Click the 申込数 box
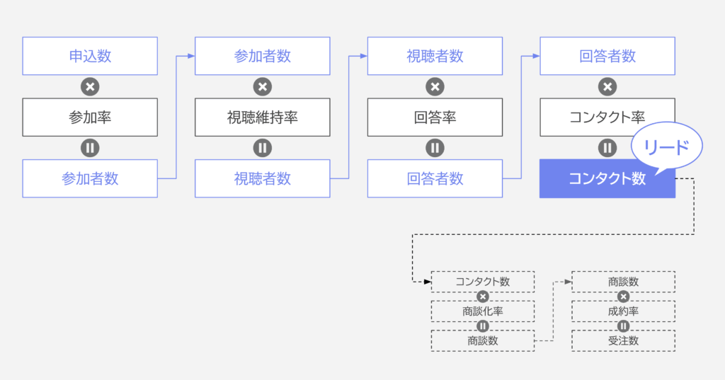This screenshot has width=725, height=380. [90, 56]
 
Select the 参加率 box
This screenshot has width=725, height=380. [90, 117]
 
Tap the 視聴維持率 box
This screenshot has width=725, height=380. [262, 117]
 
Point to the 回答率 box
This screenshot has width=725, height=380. [435, 117]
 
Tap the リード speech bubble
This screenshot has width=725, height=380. [666, 146]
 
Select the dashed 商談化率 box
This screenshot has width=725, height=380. [483, 311]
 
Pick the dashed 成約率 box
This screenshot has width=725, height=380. [623, 311]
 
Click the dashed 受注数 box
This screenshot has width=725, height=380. [623, 340]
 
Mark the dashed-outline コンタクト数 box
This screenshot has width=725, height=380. [483, 282]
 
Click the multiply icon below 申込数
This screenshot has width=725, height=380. [90, 86]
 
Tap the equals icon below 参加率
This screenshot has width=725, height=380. [90, 148]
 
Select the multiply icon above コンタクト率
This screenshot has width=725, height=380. [607, 86]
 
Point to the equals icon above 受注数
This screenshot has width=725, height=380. [623, 326]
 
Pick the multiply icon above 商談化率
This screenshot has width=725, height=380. [483, 296]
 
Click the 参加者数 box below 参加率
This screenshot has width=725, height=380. [90, 178]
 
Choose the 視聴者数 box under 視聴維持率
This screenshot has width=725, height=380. [262, 178]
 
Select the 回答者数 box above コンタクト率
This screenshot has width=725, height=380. [607, 56]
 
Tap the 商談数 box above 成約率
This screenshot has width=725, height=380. [623, 282]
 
